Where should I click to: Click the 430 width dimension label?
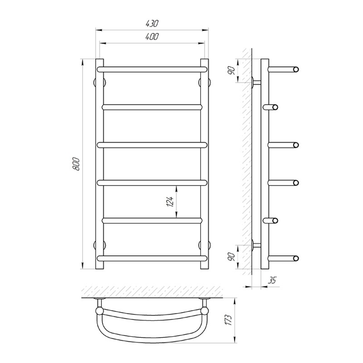coord(152,24)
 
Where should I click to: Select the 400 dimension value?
coord(152,37)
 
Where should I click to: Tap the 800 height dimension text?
coord(76,164)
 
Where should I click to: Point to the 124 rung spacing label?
coord(171,202)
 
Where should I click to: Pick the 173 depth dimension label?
coord(228,320)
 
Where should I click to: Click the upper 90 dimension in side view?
coord(232,70)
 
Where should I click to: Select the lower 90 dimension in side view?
coord(232,257)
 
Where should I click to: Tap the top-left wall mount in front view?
coord(100,82)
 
